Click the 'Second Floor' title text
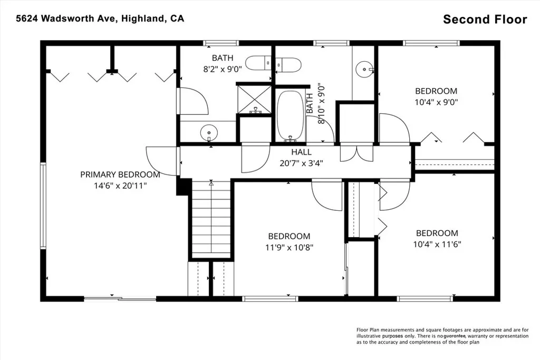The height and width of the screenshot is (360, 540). pyautogui.click(x=485, y=20)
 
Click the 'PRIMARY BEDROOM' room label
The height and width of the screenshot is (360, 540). pyautogui.click(x=120, y=174)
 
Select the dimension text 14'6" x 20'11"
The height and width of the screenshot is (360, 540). pyautogui.click(x=120, y=186)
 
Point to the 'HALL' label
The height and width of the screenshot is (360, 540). pyautogui.click(x=301, y=152)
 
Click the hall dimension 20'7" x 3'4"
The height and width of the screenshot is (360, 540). pyautogui.click(x=301, y=163)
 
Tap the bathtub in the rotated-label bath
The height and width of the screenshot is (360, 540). pyautogui.click(x=291, y=116)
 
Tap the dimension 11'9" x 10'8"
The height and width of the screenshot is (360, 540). pyautogui.click(x=289, y=247)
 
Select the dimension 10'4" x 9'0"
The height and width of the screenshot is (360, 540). pyautogui.click(x=436, y=102)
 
